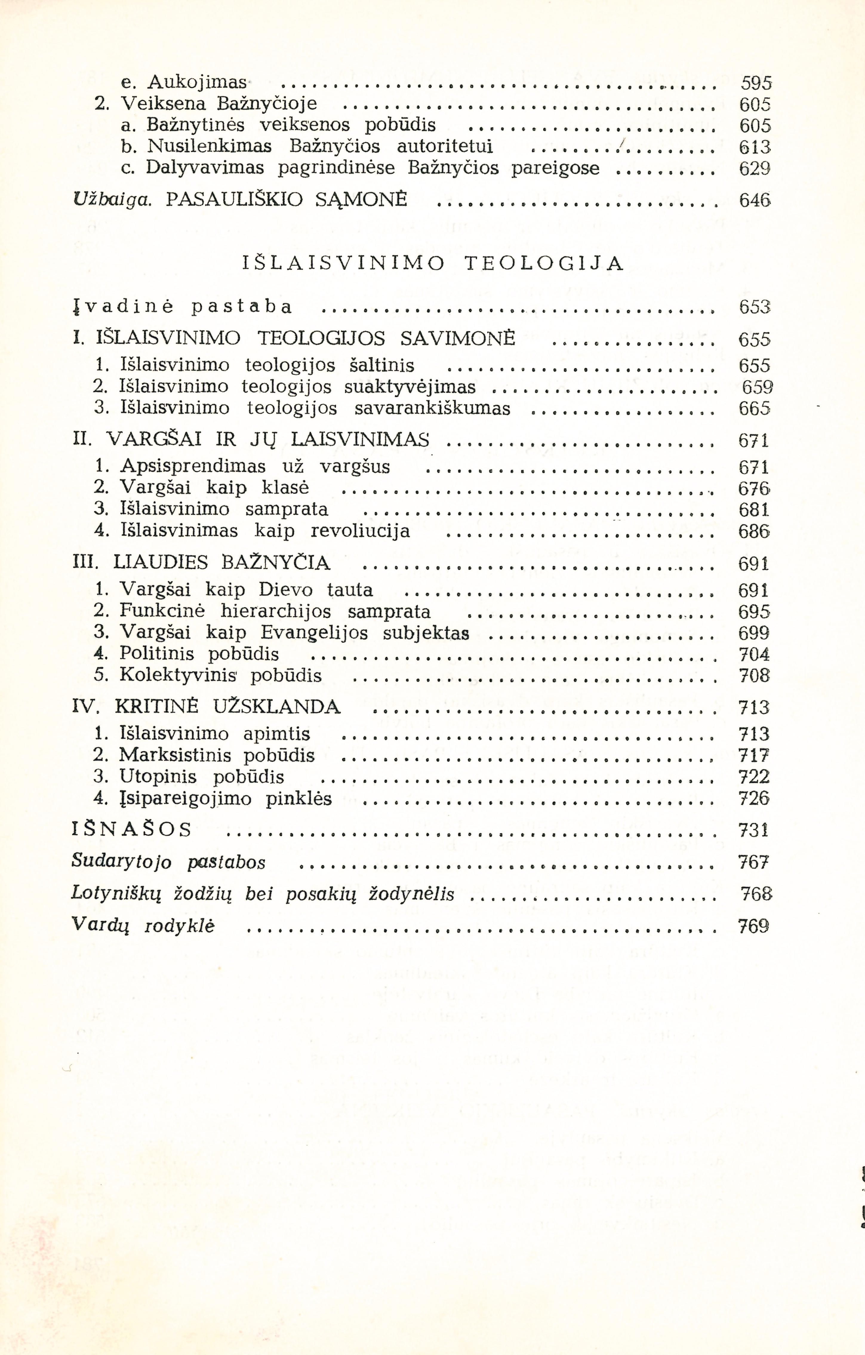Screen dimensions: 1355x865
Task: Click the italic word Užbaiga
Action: [112, 200]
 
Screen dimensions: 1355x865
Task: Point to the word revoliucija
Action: [360, 531]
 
